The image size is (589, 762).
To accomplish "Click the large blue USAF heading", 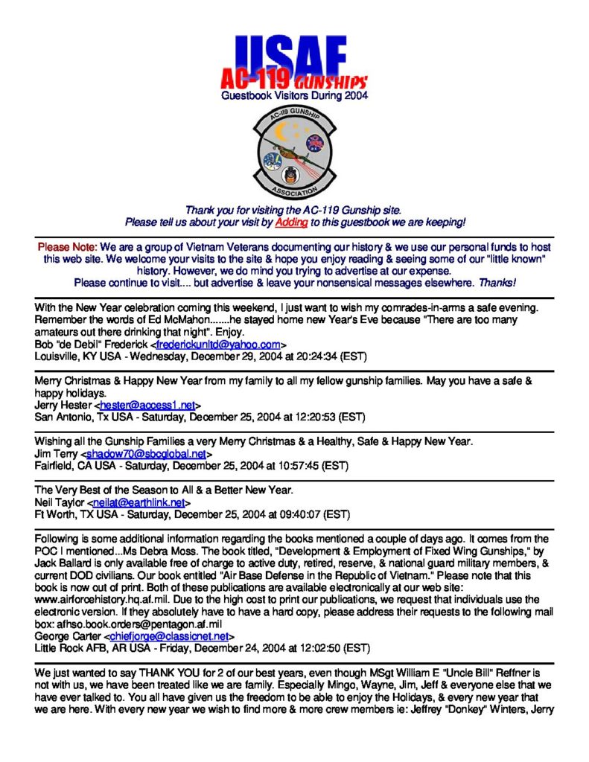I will point(293,52).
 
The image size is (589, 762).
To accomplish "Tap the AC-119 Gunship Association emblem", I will point(294,152).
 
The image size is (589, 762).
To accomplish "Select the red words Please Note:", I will point(67,246).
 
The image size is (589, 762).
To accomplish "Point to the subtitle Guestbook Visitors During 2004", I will point(294,96).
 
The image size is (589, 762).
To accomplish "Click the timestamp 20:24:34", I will point(316,356).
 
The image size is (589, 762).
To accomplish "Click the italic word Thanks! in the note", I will point(497,283).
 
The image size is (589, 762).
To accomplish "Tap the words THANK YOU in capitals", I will point(191,672).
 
